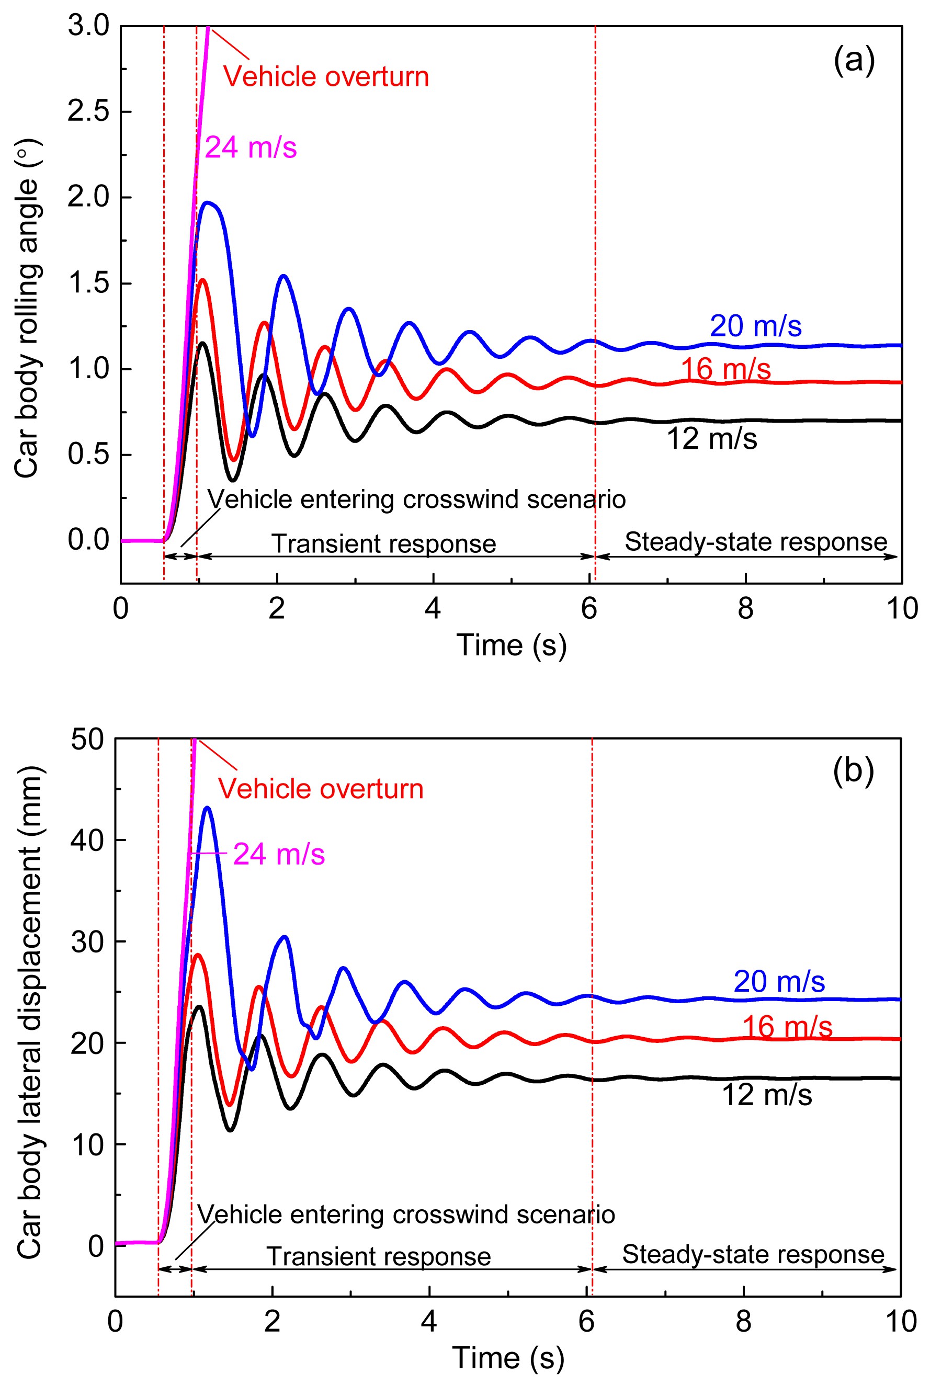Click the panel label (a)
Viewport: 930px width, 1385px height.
click(854, 61)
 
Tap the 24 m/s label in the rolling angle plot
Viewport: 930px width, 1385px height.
click(251, 147)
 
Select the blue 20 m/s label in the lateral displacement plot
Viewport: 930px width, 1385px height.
click(779, 981)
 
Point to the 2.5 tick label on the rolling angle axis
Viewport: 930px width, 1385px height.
click(88, 111)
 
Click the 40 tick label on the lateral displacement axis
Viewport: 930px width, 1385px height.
click(87, 840)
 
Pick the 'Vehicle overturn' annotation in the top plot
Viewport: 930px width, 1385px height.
click(326, 77)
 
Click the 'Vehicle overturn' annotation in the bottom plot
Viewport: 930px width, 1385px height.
click(320, 789)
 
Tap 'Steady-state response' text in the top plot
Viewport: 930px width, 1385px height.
click(756, 541)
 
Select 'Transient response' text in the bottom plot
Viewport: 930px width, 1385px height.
click(378, 1256)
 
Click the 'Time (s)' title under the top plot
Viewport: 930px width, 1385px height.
click(511, 645)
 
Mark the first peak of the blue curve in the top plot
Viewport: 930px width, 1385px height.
click(208, 203)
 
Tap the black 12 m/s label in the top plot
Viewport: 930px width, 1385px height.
click(712, 439)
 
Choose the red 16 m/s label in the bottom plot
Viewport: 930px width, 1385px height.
click(787, 1027)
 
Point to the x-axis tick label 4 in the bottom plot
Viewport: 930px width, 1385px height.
click(429, 1321)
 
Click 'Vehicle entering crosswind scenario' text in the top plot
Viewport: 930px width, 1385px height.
click(416, 499)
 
